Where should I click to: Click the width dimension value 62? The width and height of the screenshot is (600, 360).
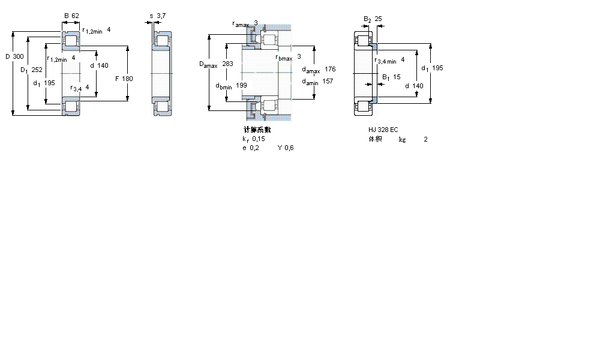point(75,16)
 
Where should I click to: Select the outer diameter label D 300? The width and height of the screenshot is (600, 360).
point(15,56)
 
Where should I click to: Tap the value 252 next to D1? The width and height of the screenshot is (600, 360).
point(37,70)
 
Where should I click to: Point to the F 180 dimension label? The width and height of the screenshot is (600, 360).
point(123,79)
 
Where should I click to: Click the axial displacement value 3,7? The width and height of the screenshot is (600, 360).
point(161,16)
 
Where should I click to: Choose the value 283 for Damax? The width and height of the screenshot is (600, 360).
point(227,64)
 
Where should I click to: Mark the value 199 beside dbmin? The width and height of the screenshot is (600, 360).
point(241,85)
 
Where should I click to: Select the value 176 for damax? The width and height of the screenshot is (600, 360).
point(330,69)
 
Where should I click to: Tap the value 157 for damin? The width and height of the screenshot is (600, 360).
point(328,82)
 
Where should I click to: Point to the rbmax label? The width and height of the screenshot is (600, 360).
point(284,58)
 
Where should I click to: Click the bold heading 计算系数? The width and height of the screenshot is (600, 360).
point(257,129)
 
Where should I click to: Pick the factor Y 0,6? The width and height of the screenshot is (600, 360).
point(286,148)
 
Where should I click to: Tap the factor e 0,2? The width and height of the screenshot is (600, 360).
point(250,148)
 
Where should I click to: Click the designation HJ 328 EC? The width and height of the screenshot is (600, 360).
point(383,130)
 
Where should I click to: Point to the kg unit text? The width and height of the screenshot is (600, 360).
point(402,140)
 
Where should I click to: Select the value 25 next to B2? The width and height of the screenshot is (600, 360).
point(379,19)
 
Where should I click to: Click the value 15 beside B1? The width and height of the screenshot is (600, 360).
point(397,77)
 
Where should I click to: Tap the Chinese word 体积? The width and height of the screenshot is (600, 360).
point(375,139)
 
